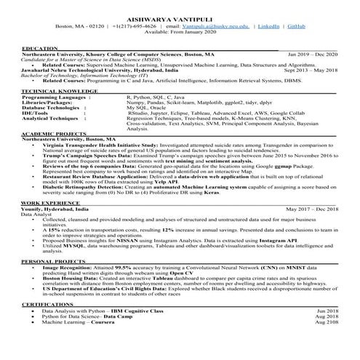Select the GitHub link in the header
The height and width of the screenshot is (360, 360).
(x=296, y=25)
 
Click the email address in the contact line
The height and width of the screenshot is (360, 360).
(x=219, y=25)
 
